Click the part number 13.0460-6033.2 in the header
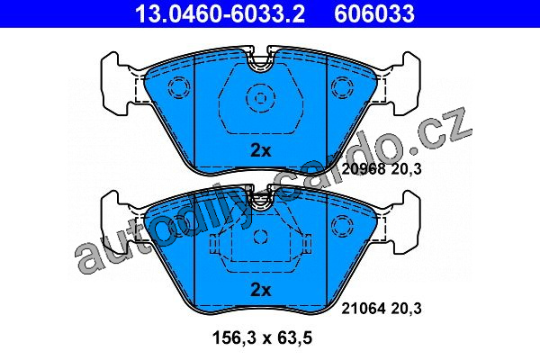coord(220,13)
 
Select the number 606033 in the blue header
coord(374,13)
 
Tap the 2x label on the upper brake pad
coord(261,150)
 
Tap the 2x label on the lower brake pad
coord(261,290)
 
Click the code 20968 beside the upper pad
coord(364,169)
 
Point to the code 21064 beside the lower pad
coord(364,309)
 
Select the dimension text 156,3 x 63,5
coord(263,338)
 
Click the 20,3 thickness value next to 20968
coord(407,169)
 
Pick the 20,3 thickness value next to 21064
coord(407,309)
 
